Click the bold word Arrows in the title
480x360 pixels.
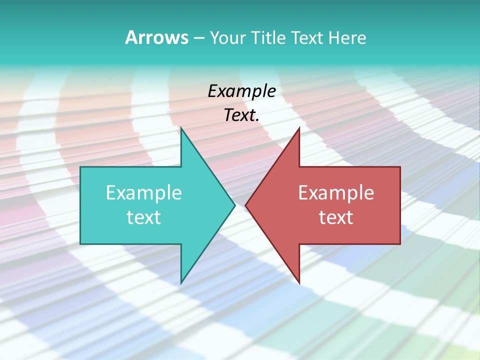coord(157,37)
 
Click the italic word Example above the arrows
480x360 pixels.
coord(241,91)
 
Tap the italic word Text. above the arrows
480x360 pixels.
coord(241,115)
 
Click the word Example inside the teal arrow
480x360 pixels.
coord(144,193)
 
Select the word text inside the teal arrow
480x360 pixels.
coord(144,217)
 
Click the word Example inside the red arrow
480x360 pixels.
coord(336,193)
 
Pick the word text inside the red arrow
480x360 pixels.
coord(336,217)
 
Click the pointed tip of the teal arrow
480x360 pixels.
coord(234,205)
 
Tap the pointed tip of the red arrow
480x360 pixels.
coord(245,205)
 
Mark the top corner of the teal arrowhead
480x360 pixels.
coord(181,128)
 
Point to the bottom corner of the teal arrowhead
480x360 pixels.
coord(181,282)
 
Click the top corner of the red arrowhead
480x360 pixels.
coord(299,128)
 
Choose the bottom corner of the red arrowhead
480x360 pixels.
coord(299,282)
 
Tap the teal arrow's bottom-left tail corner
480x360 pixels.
coord(80,244)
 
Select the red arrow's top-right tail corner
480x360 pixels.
coord(400,167)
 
